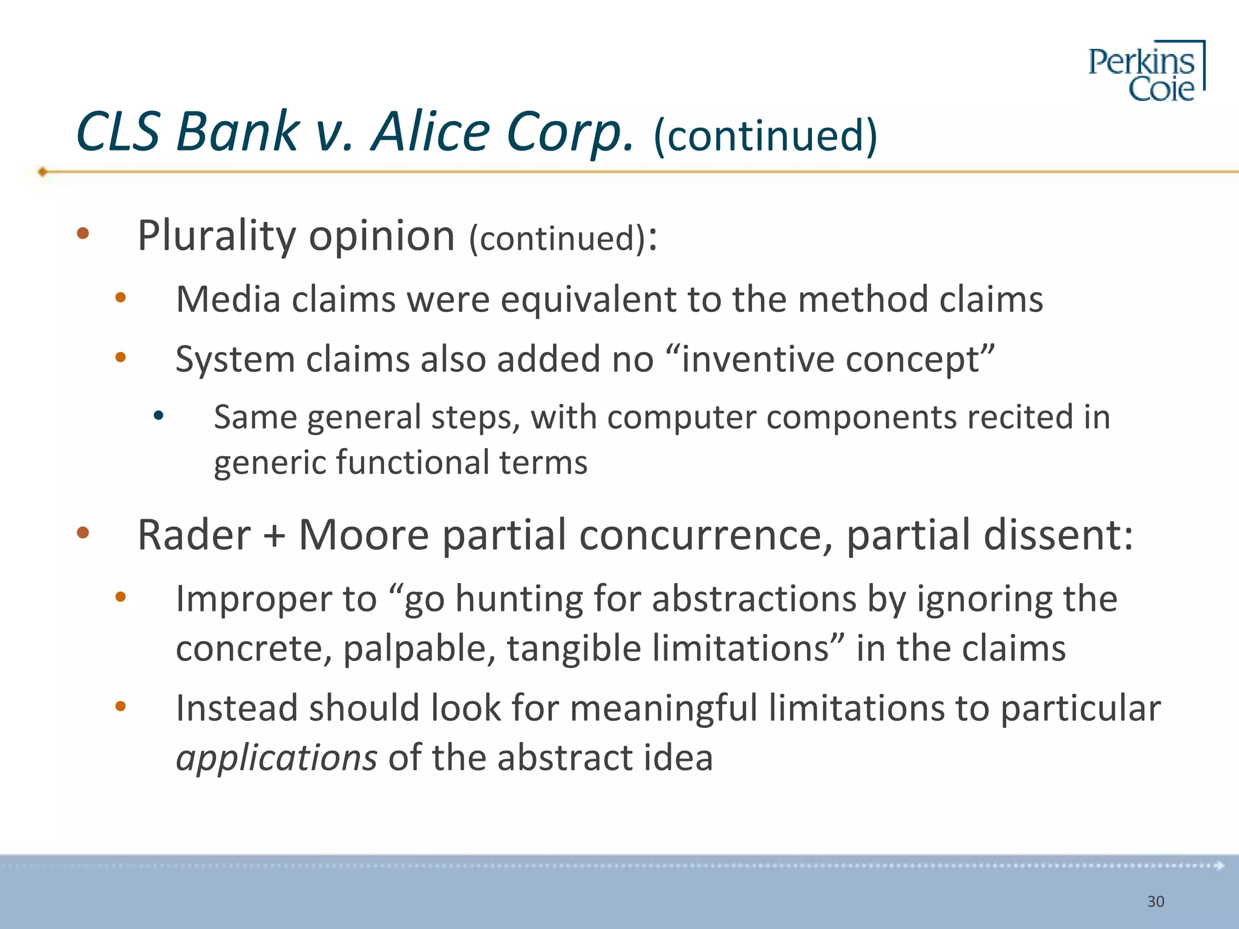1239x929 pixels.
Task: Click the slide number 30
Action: tap(1156, 902)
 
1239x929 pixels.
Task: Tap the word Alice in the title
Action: tap(431, 132)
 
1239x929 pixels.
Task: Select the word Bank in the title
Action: tap(237, 132)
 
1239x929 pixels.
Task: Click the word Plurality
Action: tap(216, 236)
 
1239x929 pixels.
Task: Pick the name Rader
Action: tap(194, 535)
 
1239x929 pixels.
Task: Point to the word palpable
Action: tap(417, 649)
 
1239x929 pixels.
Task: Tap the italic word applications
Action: tap(276, 758)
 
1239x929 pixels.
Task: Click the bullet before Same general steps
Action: tap(159, 416)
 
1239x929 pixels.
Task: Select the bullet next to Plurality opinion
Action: tap(83, 233)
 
